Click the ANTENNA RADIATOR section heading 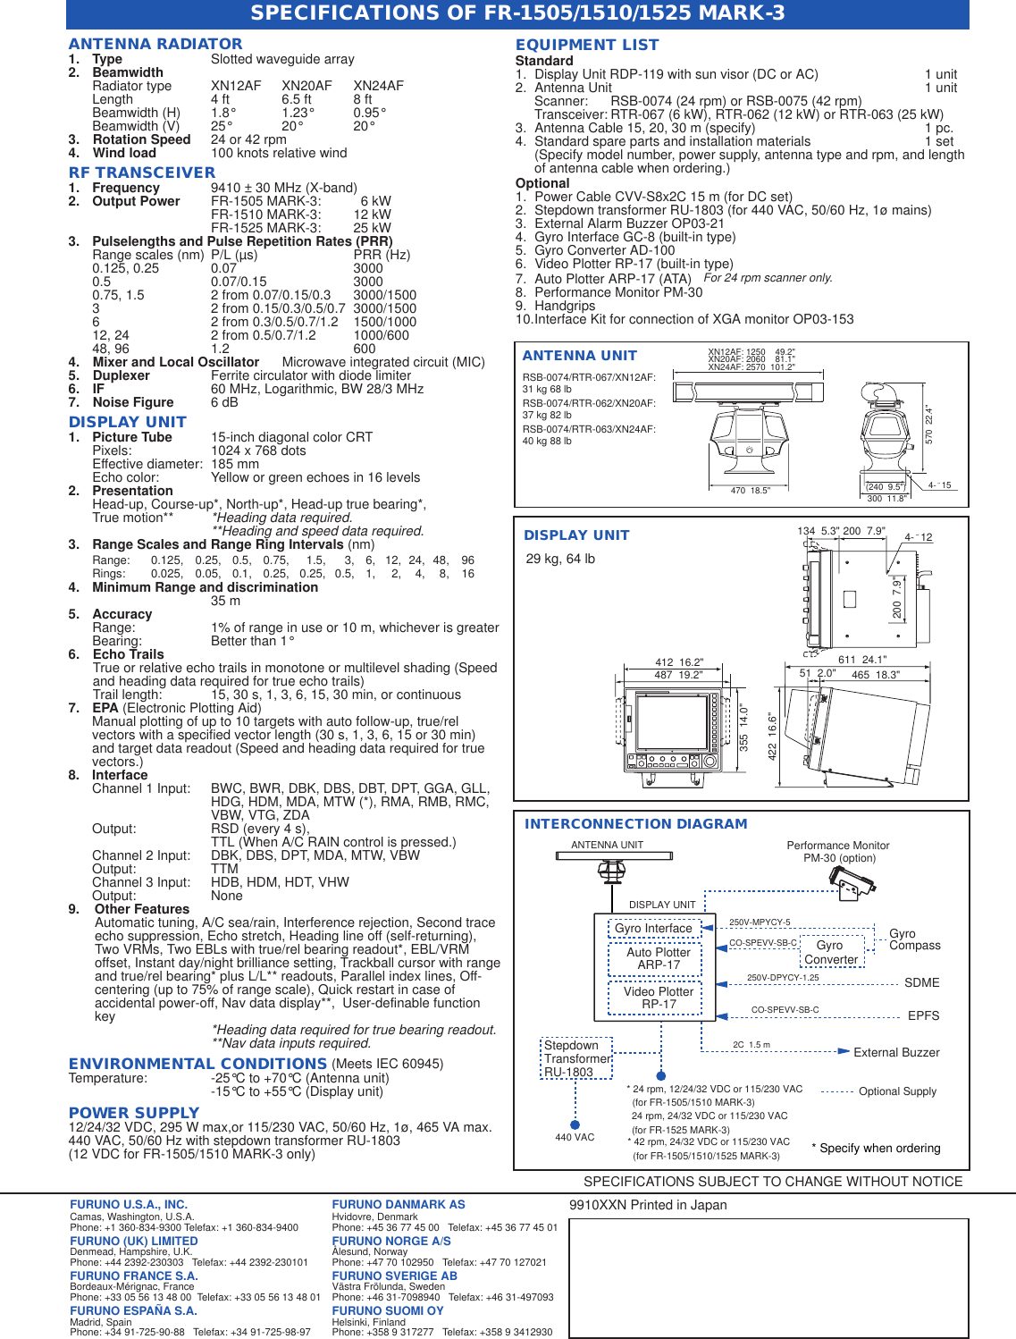[155, 44]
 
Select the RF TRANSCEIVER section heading [142, 173]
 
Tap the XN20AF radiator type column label [306, 86]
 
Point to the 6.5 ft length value [297, 99]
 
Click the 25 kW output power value [372, 228]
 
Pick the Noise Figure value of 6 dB [224, 402]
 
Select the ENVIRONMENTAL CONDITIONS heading [197, 1064]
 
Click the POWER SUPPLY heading [134, 1113]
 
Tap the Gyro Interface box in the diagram [653, 928]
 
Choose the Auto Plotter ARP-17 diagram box [659, 958]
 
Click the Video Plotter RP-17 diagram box [659, 998]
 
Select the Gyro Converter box [830, 952]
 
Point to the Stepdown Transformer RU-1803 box [575, 1058]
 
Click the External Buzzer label [896, 1052]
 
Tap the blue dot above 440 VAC [575, 1125]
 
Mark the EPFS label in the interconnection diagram [923, 1015]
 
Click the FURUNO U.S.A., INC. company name [129, 1205]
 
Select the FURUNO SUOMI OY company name [388, 1311]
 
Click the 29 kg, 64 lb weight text [560, 559]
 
